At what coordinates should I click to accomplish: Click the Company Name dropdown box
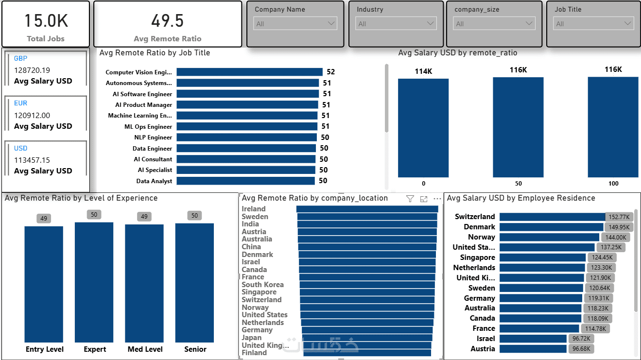[x=295, y=24]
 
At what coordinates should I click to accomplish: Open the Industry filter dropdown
[x=396, y=24]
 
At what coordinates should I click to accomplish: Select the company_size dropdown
[x=494, y=24]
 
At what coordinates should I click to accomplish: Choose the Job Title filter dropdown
[x=594, y=24]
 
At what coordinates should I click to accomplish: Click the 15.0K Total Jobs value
[x=46, y=21]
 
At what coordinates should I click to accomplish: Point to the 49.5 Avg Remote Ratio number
[x=167, y=21]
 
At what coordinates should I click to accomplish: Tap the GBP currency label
[x=21, y=58]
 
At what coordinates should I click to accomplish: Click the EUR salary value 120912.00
[x=32, y=116]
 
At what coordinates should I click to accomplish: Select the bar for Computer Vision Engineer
[x=249, y=72]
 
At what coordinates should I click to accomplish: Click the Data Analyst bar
[x=245, y=181]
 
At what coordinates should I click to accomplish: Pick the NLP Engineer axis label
[x=153, y=137]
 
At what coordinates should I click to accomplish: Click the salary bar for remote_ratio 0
[x=423, y=128]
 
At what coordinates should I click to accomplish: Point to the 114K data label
[x=423, y=71]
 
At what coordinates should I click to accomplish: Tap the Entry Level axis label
[x=45, y=349]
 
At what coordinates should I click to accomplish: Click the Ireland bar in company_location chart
[x=367, y=209]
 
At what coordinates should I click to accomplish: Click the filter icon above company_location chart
[x=410, y=199]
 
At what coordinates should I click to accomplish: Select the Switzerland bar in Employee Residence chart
[x=552, y=217]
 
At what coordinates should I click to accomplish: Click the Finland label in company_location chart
[x=254, y=353]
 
